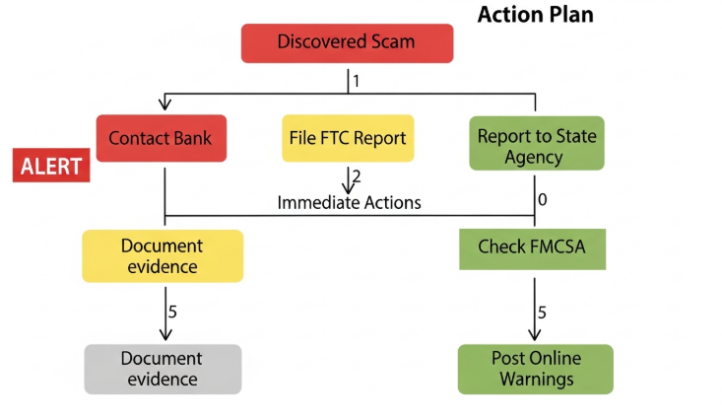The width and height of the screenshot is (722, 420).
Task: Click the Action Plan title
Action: (535, 16)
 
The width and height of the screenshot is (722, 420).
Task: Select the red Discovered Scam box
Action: (347, 42)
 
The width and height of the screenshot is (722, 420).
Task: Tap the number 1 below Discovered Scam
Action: (357, 80)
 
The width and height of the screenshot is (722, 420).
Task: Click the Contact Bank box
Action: (161, 138)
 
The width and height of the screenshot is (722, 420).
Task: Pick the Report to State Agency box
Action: (536, 145)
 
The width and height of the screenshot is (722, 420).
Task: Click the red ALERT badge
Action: (51, 165)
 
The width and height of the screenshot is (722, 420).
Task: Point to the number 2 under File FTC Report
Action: (357, 177)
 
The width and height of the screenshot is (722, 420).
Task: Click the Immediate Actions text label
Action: (349, 202)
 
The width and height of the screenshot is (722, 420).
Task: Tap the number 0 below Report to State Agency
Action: (542, 199)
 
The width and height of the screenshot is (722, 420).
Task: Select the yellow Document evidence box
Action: (162, 255)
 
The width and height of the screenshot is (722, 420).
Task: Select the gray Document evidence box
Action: (162, 369)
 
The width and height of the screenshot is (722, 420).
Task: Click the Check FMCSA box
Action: (532, 247)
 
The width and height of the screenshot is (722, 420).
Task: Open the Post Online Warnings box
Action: (535, 369)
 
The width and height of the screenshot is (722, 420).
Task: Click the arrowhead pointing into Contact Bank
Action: (164, 105)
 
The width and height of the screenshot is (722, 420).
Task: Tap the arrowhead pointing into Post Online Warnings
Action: (535, 335)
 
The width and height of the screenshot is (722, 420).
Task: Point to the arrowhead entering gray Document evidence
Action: (164, 335)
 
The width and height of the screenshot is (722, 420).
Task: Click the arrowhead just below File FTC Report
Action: (348, 187)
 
